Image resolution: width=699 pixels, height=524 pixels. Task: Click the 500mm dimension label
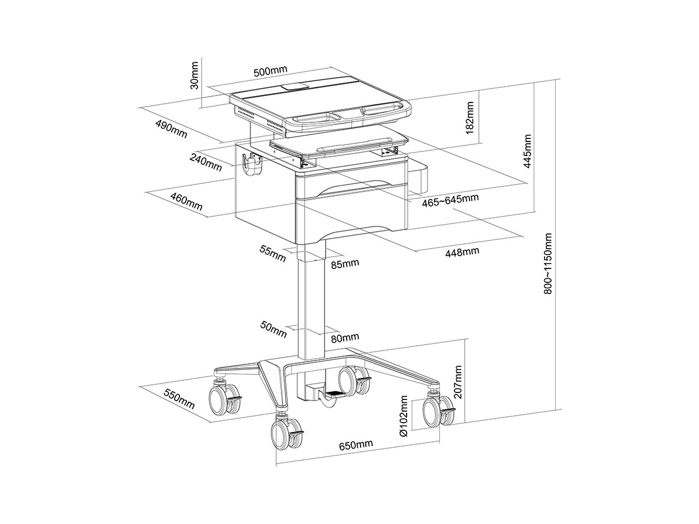pyautogui.click(x=270, y=71)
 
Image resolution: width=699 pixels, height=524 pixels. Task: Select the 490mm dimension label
pyautogui.click(x=171, y=129)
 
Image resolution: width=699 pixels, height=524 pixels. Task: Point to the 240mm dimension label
pyautogui.click(x=206, y=162)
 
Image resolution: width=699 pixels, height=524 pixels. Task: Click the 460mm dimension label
pyautogui.click(x=186, y=201)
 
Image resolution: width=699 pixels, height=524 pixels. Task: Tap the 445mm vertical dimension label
pyautogui.click(x=527, y=151)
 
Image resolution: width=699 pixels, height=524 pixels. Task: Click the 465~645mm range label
pyautogui.click(x=450, y=200)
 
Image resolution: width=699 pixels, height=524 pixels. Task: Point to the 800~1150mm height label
pyautogui.click(x=548, y=264)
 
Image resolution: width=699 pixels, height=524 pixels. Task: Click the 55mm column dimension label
pyautogui.click(x=273, y=253)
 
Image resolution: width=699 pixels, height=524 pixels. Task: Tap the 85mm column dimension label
pyautogui.click(x=345, y=263)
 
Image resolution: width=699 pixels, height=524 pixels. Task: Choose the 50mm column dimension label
pyautogui.click(x=274, y=329)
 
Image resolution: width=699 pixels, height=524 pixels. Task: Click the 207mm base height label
pyautogui.click(x=458, y=382)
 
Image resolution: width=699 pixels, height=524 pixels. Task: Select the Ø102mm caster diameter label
pyautogui.click(x=403, y=416)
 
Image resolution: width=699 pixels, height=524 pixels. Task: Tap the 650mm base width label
pyautogui.click(x=356, y=445)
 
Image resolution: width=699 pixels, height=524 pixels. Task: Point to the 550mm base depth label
pyautogui.click(x=179, y=399)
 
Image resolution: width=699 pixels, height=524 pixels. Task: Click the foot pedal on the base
pyautogui.click(x=335, y=395)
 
